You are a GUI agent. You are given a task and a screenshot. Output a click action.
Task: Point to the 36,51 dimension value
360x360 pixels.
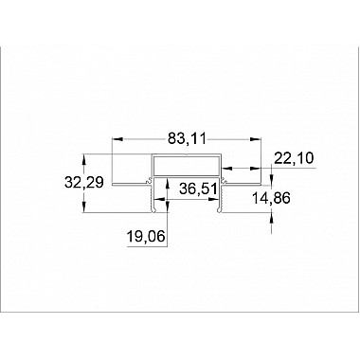click(198, 189)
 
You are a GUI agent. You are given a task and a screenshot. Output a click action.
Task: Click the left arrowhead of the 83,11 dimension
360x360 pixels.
click(117, 139)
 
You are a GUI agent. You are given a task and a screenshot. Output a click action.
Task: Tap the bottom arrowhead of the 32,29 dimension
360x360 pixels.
click(85, 210)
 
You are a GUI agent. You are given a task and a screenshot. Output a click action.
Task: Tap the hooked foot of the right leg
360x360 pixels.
click(224, 209)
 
